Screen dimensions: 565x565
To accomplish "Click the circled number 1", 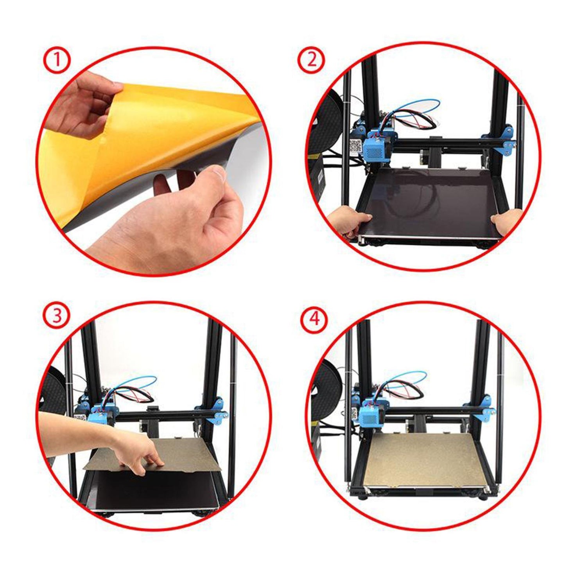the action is (x=58, y=61).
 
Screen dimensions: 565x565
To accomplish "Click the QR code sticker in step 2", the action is (x=356, y=145).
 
